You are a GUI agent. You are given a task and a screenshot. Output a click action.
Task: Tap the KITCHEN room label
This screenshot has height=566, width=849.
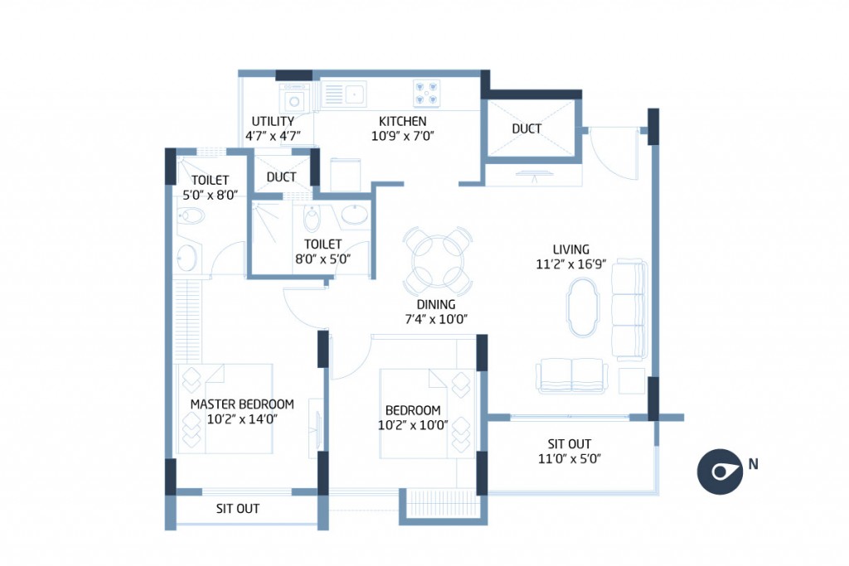point(402,122)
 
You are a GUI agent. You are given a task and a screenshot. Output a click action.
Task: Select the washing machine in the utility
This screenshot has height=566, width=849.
point(294,100)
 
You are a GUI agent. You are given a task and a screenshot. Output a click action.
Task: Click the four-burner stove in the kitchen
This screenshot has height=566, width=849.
point(426,92)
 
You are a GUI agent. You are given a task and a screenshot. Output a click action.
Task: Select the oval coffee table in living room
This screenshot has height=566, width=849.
point(582,307)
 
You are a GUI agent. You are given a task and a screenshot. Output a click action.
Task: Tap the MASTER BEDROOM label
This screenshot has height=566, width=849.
point(242,404)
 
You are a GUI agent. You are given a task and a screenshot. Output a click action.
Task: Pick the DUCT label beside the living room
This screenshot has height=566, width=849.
point(526,128)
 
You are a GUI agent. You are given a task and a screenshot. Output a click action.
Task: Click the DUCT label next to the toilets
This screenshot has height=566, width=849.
point(282,177)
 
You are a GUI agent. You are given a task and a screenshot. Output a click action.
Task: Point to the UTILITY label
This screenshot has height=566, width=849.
point(273,122)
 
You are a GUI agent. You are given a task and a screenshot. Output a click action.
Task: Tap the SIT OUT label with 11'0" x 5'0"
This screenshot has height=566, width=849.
point(570,444)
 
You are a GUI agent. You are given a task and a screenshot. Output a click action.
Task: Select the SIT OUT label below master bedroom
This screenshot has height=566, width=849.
point(238,509)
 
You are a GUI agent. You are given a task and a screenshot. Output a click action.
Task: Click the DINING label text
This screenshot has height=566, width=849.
point(437,304)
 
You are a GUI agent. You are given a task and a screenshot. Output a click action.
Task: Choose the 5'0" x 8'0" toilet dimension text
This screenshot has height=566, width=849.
point(210,196)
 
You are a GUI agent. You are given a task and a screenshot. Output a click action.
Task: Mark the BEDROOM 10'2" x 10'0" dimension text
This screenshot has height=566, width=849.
point(412,425)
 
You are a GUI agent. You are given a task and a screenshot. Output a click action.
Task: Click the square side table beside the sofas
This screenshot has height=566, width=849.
point(633,380)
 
